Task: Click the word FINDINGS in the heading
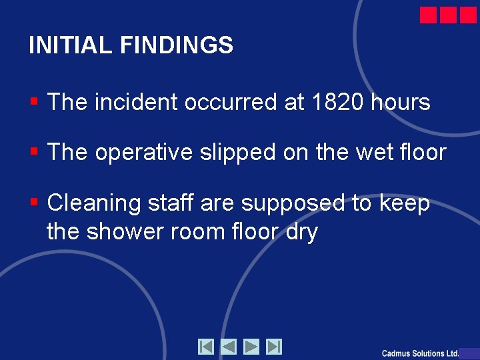coord(177,45)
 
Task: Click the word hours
coord(400,103)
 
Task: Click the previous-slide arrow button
coord(229,347)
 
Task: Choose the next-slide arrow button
coord(251,347)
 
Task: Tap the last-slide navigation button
coord(274,347)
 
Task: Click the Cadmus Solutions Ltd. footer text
coord(420,353)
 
